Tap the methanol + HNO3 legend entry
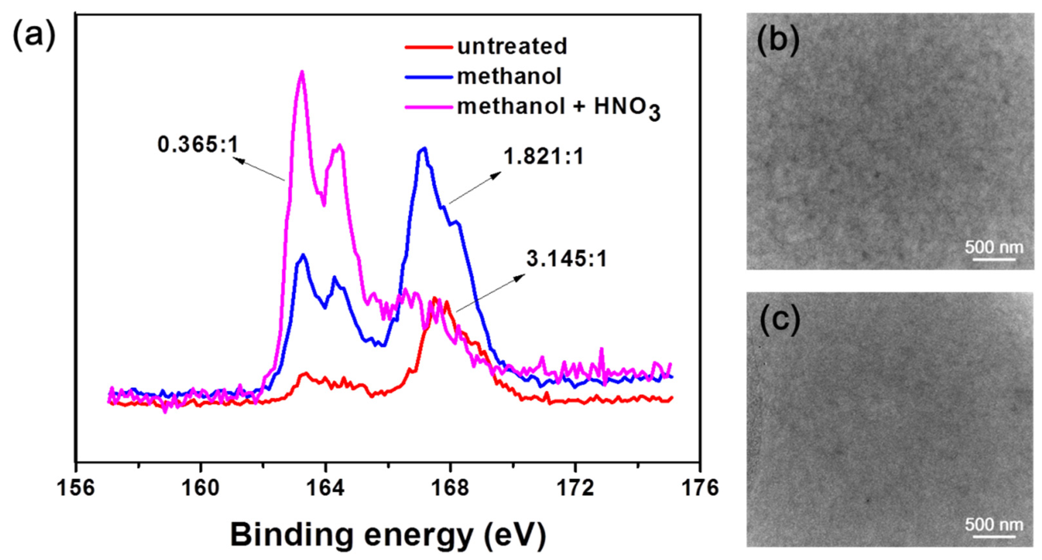click(x=558, y=108)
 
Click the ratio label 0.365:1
click(x=198, y=145)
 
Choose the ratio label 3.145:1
click(x=566, y=259)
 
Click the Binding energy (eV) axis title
click(x=388, y=534)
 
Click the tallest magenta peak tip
click(x=302, y=72)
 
